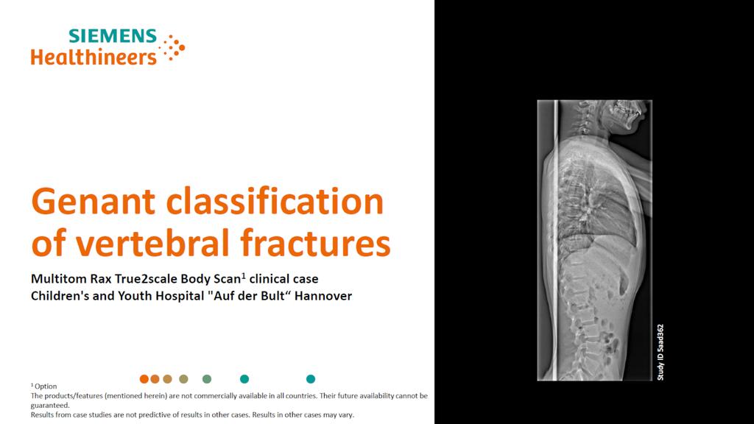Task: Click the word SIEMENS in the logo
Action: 113,36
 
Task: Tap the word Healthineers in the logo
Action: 94,57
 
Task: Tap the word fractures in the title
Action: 315,243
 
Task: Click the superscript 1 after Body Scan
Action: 244,276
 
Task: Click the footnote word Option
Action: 46,386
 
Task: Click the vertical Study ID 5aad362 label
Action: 660,353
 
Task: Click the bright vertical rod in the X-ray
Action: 556,241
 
